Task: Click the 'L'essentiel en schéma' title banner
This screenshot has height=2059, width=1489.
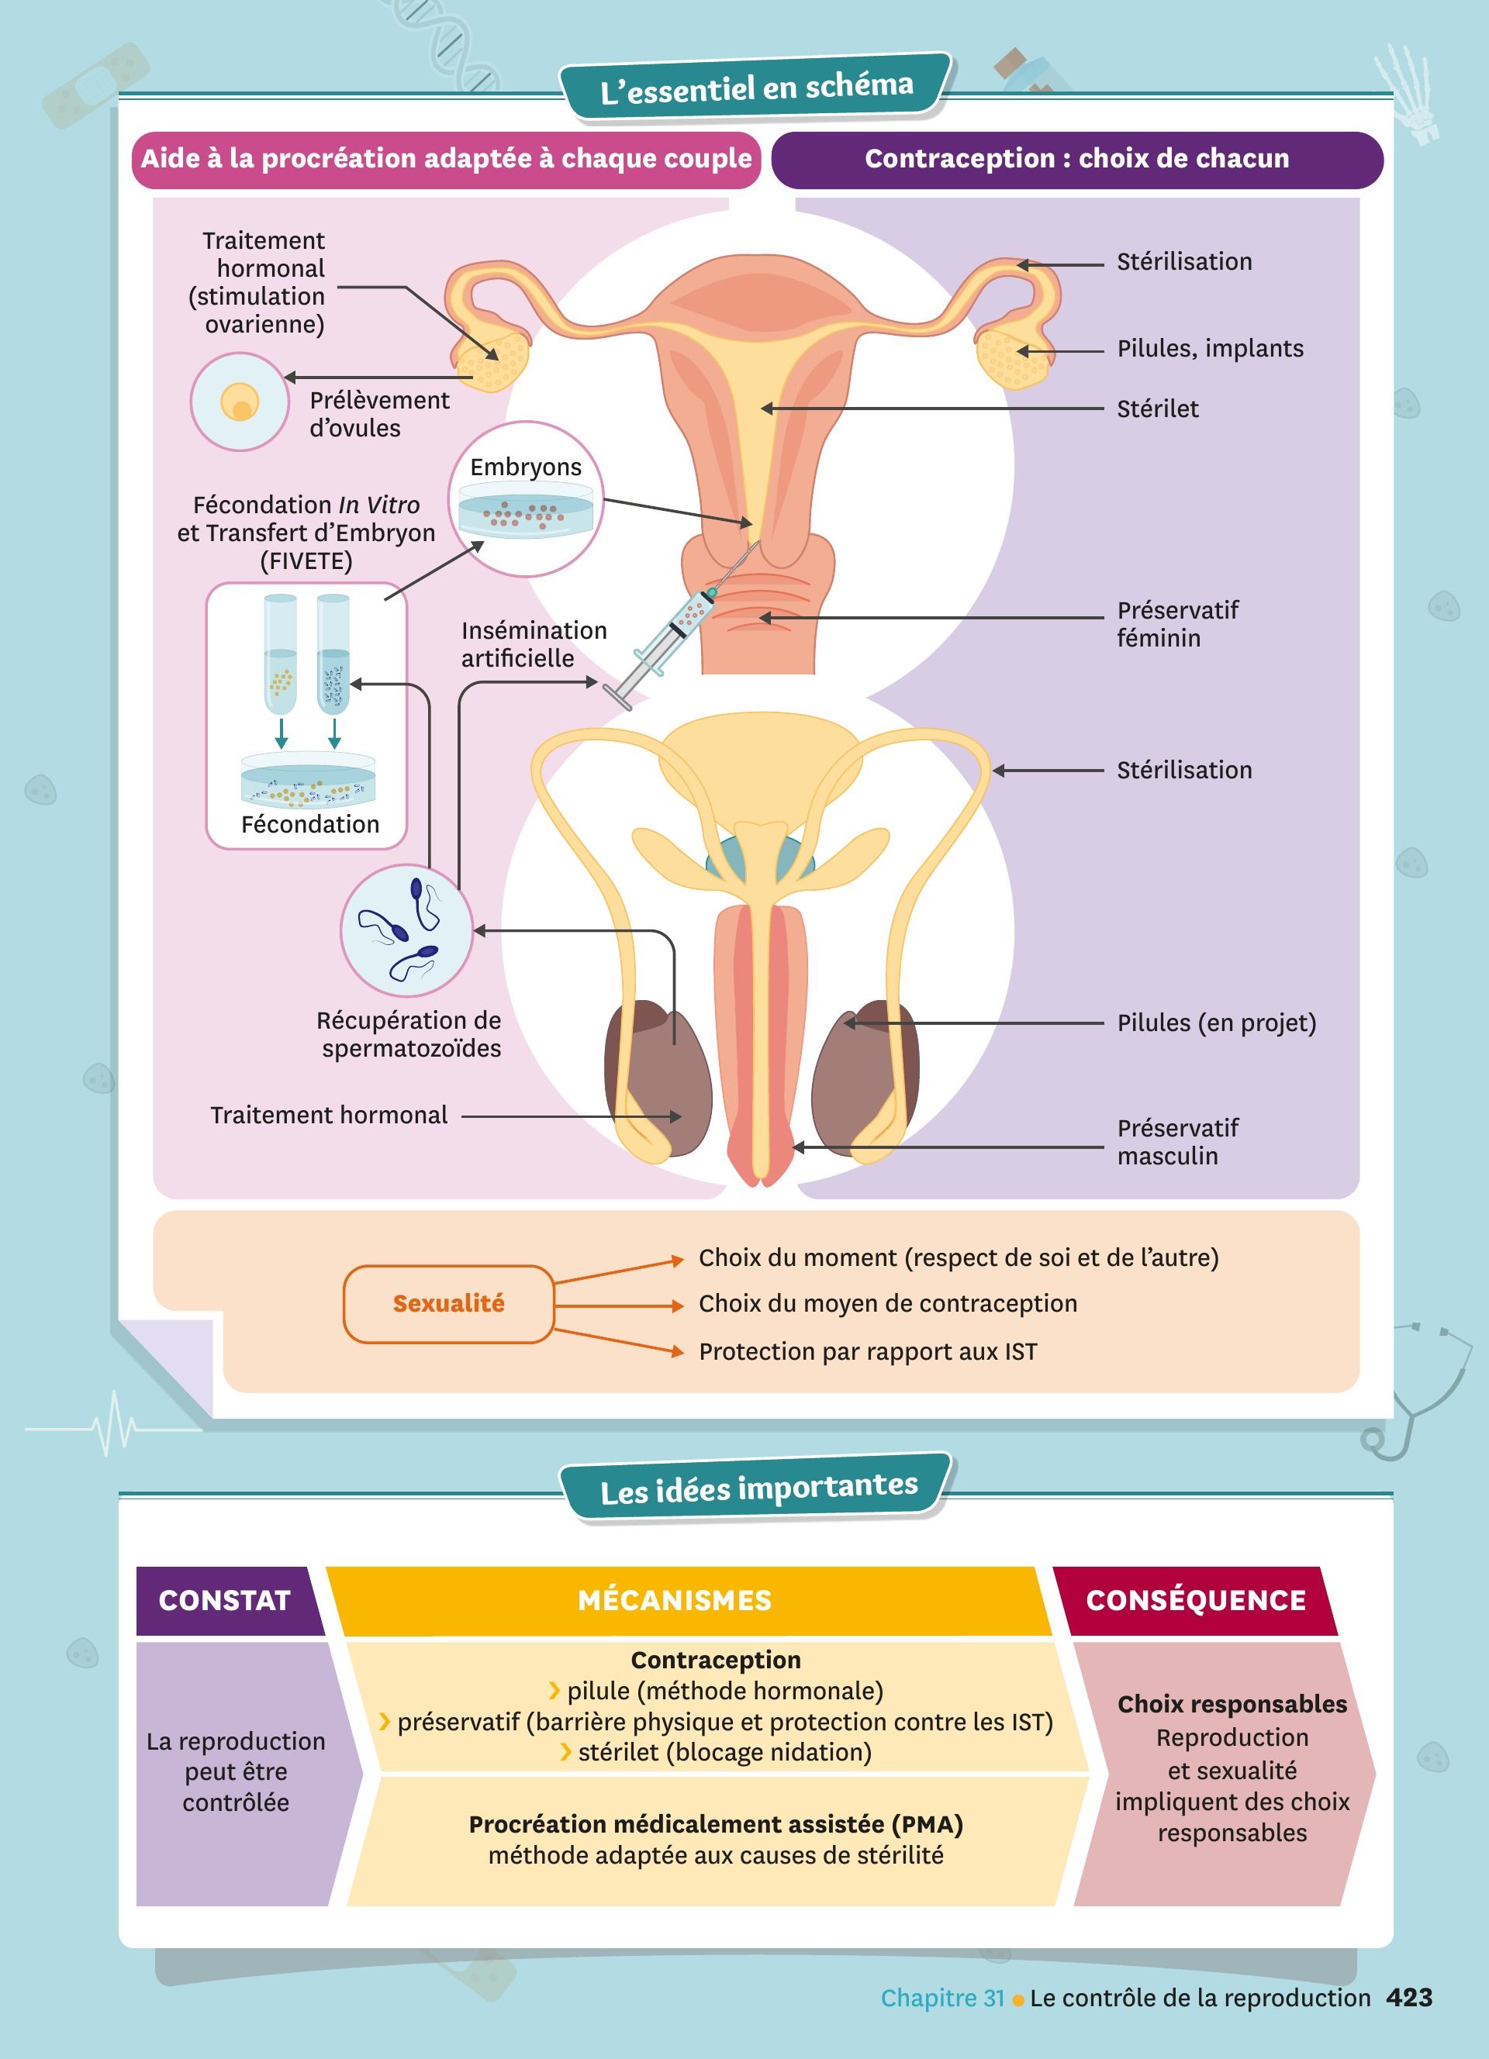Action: tap(756, 87)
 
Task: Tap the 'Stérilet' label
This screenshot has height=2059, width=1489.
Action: tap(1157, 409)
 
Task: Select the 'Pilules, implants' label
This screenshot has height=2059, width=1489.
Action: tap(1209, 349)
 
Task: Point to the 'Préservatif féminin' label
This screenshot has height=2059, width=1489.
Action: tap(1176, 624)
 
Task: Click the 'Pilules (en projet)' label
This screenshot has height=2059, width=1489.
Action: tap(1216, 1023)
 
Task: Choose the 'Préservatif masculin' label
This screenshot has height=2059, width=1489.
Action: tap(1176, 1142)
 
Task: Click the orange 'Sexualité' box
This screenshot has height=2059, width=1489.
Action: tap(448, 1304)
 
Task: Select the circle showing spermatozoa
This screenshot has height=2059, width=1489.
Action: tap(406, 929)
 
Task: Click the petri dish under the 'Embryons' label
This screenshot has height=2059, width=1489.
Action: tap(526, 511)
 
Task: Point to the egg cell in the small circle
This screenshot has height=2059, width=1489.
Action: tap(240, 402)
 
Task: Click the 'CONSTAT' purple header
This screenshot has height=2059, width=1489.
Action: tap(224, 1599)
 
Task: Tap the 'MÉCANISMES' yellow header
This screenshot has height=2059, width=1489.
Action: tap(675, 1599)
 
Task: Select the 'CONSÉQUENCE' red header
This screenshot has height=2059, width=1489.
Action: tap(1195, 1599)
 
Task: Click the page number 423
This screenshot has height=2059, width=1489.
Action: tap(1409, 1997)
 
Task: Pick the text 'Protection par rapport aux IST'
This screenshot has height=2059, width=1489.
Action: tap(867, 1352)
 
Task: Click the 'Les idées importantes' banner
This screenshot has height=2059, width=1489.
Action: tap(758, 1489)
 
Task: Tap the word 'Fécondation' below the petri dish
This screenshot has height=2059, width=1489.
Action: tap(309, 824)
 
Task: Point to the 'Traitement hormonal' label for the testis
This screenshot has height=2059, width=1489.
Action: tap(329, 1115)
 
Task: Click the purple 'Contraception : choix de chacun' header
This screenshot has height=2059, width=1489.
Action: tap(1076, 159)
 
